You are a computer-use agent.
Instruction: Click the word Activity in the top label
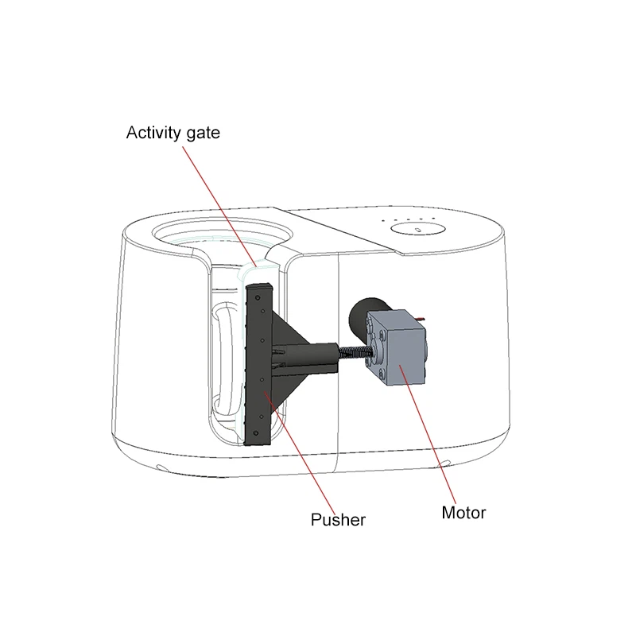pos(153,133)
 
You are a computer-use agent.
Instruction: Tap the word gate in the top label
pos(204,134)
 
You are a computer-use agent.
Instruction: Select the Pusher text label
pos(338,520)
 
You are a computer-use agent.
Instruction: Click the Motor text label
pos(463,513)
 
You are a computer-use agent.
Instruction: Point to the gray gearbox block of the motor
pos(397,348)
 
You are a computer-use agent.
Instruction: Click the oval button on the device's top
pos(418,229)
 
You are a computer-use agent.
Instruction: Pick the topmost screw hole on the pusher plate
pos(257,298)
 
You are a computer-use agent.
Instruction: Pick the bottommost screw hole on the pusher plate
pos(255,433)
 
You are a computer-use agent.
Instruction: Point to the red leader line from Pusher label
pos(301,452)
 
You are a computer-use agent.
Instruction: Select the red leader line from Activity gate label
pos(219,207)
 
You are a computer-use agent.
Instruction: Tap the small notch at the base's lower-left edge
pos(162,467)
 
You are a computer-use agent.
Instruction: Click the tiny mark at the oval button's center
pos(418,231)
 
